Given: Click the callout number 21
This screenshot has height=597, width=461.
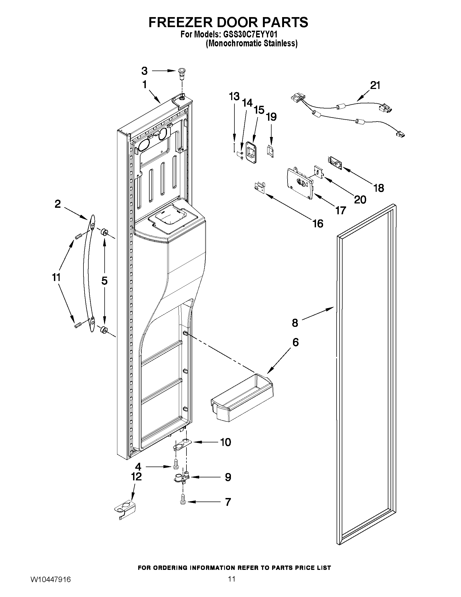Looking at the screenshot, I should (375, 85).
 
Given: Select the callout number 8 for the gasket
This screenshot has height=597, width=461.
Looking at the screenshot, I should (295, 323).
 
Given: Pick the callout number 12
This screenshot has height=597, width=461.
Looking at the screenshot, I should (136, 477).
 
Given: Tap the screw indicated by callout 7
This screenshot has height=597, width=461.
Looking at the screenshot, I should (183, 502).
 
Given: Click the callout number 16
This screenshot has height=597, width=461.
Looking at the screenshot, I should (318, 223).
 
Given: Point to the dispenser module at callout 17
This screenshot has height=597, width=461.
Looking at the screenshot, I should (299, 183).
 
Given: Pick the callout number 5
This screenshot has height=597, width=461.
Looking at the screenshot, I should (104, 281).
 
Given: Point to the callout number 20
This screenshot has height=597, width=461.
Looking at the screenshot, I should (360, 200).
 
